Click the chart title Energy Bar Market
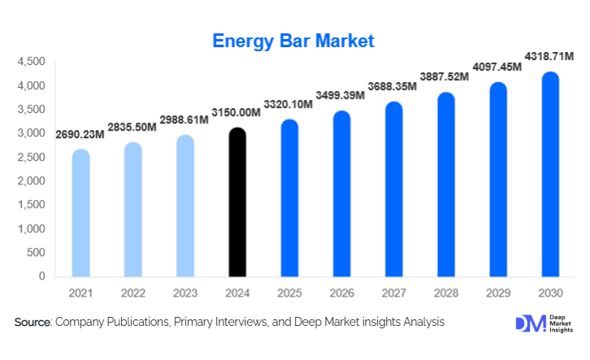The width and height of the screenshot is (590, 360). pyautogui.click(x=294, y=40)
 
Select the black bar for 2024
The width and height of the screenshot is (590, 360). pyautogui.click(x=236, y=202)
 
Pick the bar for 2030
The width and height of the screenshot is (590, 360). pyautogui.click(x=550, y=174)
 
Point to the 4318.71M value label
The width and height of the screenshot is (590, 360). pyautogui.click(x=548, y=56)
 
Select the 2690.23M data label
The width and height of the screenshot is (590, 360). pyautogui.click(x=80, y=134)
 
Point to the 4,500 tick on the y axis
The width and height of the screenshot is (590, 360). pyautogui.click(x=30, y=62)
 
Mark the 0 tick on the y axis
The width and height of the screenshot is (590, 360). pyautogui.click(x=41, y=276)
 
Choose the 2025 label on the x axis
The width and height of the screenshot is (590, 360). pyautogui.click(x=288, y=292)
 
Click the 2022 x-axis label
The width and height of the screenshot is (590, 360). pyautogui.click(x=132, y=292)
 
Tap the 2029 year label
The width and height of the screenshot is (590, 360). pyautogui.click(x=497, y=292)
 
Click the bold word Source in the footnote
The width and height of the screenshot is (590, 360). pyautogui.click(x=33, y=323)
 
